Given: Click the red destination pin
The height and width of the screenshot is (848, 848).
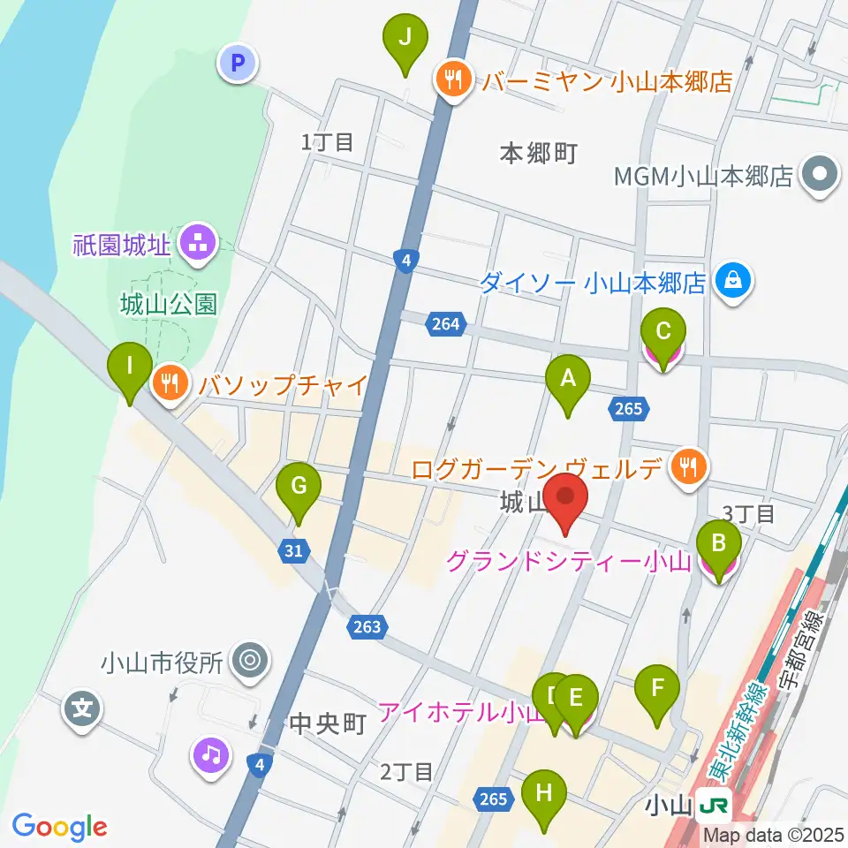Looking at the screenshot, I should pyautogui.click(x=566, y=500).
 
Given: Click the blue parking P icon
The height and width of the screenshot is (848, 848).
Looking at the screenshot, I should pyautogui.click(x=236, y=63).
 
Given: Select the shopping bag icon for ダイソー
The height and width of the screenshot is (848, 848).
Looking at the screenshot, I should pyautogui.click(x=734, y=281).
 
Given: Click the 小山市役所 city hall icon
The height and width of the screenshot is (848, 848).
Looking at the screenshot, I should pyautogui.click(x=249, y=660).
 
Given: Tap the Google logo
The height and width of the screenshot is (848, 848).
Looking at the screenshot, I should pyautogui.click(x=59, y=827).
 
